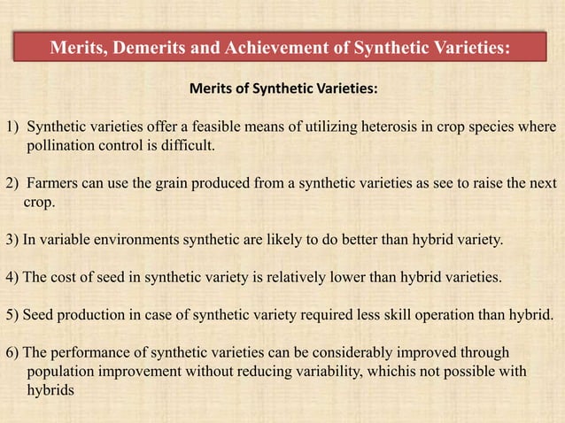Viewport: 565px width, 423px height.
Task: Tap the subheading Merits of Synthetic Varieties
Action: coord(282,89)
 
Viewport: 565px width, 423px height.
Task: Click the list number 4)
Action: coord(12,277)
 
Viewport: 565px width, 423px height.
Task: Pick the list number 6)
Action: coord(12,352)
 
